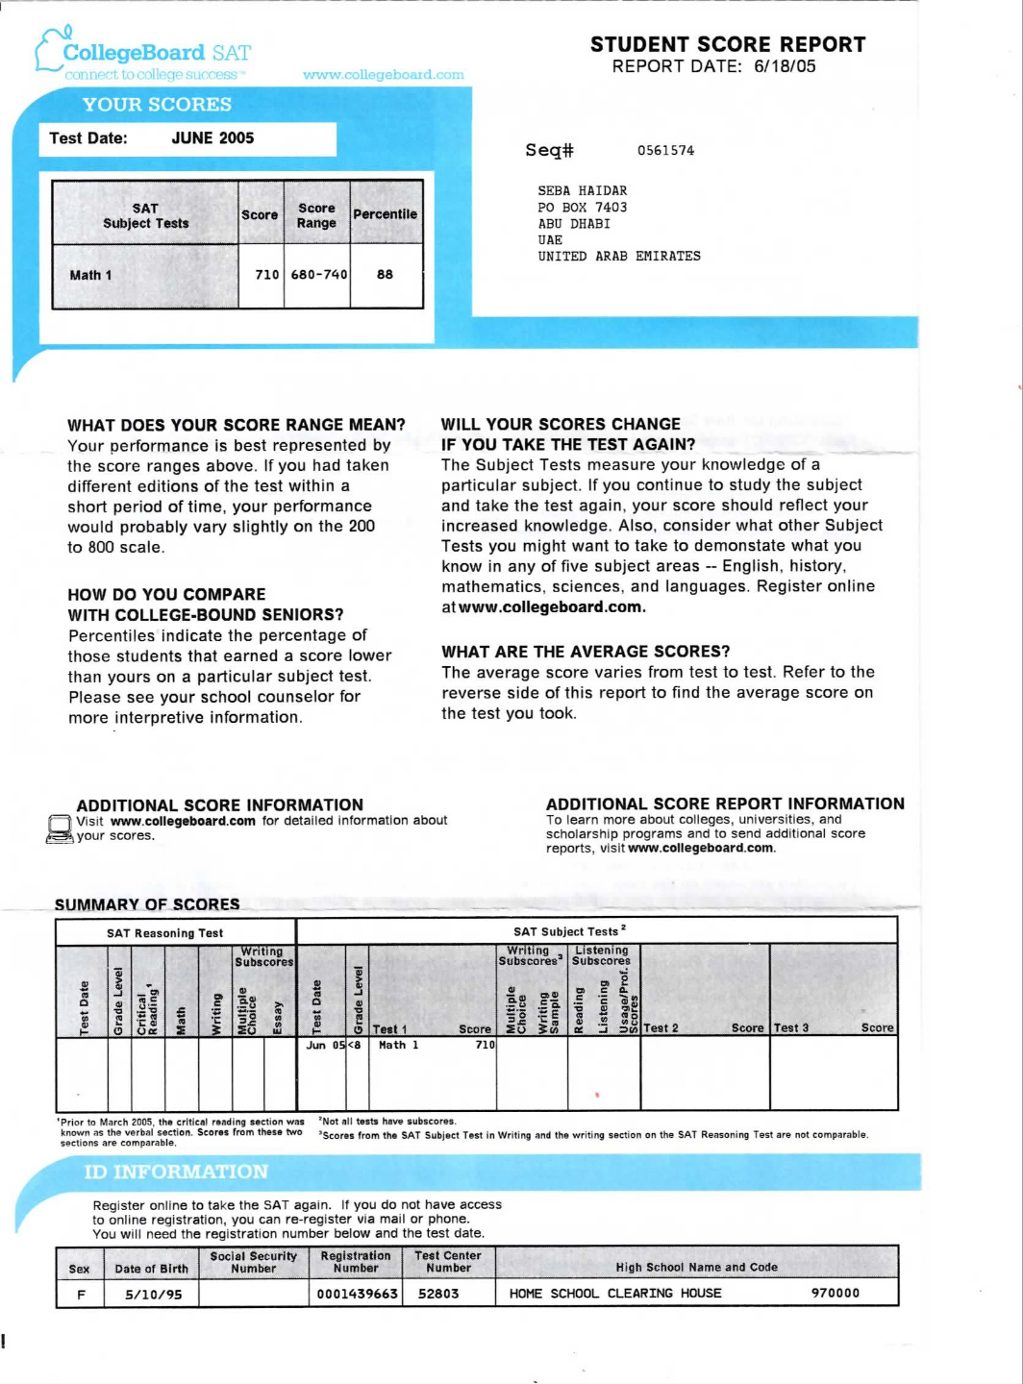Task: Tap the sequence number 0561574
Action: pos(665,151)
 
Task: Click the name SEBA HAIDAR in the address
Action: pos(582,191)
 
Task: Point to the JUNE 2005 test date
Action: pos(212,138)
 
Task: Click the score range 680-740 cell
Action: pos(318,275)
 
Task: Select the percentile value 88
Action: pos(385,275)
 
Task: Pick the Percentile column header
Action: pos(385,214)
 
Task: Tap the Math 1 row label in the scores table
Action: pos(90,276)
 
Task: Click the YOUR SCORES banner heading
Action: pos(157,105)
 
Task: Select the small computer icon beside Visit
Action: pos(60,829)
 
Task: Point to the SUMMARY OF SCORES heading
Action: pos(147,904)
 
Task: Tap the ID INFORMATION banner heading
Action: pos(176,1173)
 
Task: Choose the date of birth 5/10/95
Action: pos(153,1295)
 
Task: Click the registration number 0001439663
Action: pos(357,1295)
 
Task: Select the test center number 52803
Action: pos(438,1295)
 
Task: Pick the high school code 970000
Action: pos(835,1294)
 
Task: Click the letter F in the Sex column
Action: pos(81,1295)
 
